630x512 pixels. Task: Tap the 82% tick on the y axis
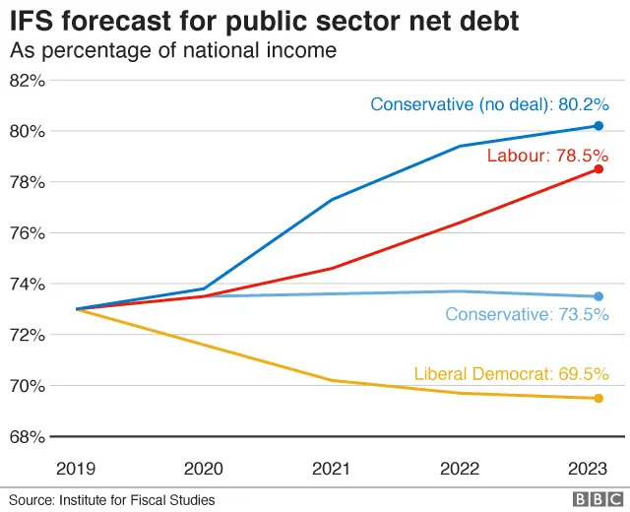click(x=28, y=81)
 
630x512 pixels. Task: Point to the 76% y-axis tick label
click(x=28, y=233)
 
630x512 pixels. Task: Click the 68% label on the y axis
click(x=28, y=436)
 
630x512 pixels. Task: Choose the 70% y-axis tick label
click(x=28, y=386)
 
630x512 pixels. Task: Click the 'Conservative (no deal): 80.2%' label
click(x=489, y=104)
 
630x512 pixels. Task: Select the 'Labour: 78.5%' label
click(x=547, y=156)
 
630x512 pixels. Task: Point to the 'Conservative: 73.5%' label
click(x=527, y=315)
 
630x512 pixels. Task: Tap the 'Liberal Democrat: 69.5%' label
click(x=511, y=374)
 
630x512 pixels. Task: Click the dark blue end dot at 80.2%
click(x=598, y=126)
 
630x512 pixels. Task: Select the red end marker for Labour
click(x=598, y=169)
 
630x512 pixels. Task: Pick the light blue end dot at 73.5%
click(x=598, y=296)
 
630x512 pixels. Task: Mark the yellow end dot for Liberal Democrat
click(x=598, y=398)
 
